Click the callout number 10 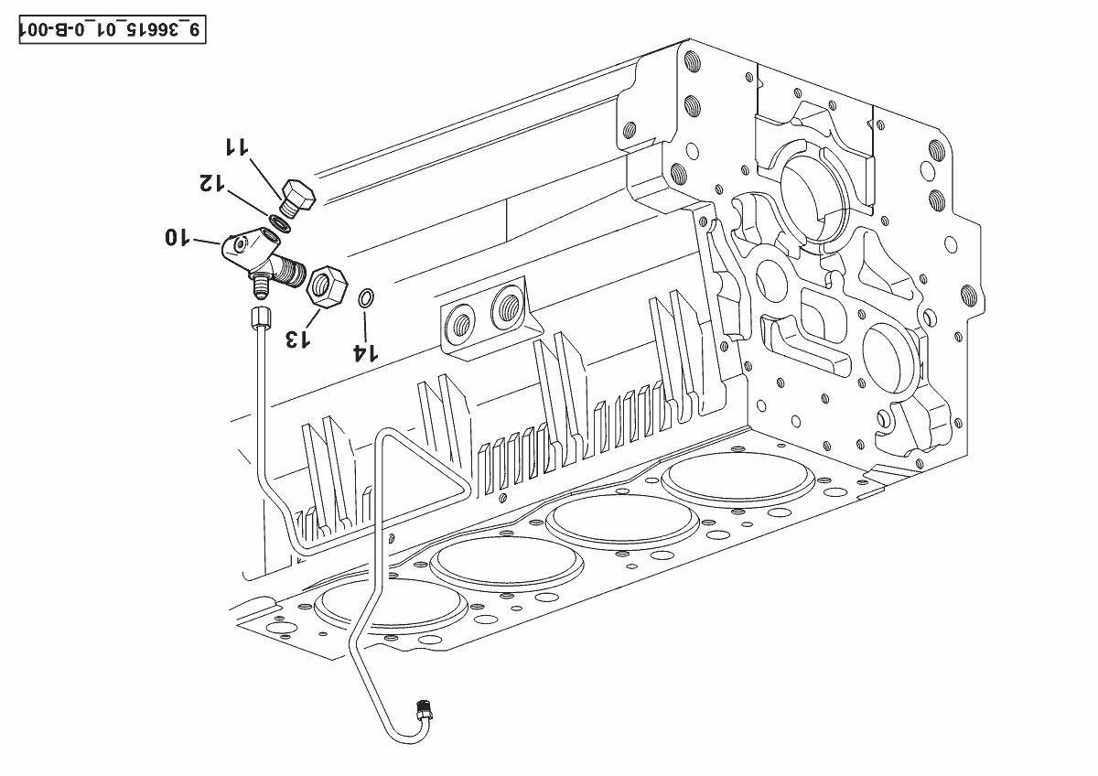click(x=177, y=237)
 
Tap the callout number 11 click(x=237, y=147)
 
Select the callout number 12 click(x=211, y=182)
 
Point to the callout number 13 click(x=297, y=339)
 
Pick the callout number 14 click(x=366, y=352)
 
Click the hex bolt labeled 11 click(x=297, y=199)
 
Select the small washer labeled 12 click(x=279, y=224)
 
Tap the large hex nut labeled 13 click(x=327, y=287)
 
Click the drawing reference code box click(x=113, y=29)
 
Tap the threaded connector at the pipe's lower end click(x=424, y=711)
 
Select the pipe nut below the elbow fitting click(x=260, y=318)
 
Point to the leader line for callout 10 click(x=208, y=242)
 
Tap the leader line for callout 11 click(x=265, y=177)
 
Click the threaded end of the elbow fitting click(x=292, y=271)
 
